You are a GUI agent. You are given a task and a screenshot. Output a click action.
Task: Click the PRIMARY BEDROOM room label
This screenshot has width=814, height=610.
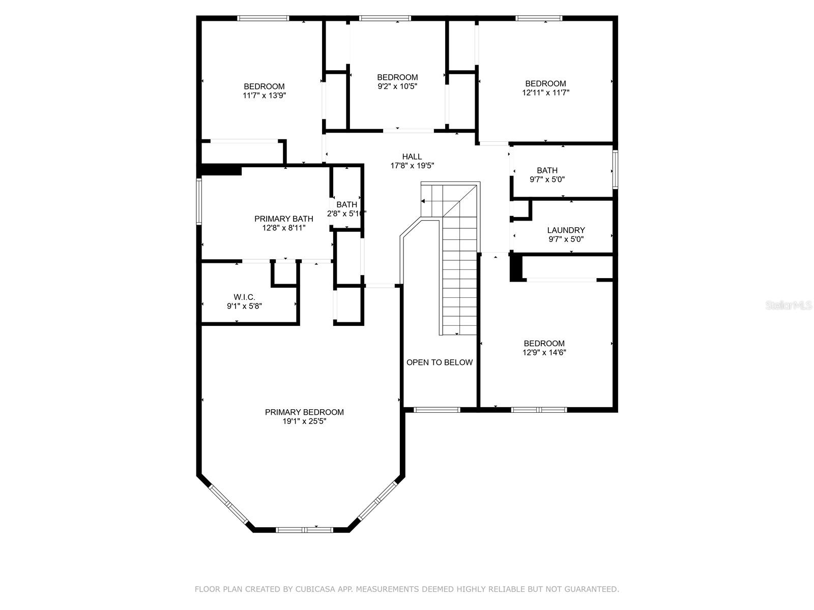[x=304, y=412]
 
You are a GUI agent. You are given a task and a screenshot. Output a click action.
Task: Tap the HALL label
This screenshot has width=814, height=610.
[x=412, y=157]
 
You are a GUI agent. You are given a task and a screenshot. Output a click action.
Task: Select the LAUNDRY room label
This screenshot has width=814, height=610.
[x=566, y=230]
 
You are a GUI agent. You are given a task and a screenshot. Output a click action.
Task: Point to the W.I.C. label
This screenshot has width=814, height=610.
[x=244, y=297]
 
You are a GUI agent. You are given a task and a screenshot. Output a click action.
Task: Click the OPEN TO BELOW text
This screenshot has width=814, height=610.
[x=440, y=362]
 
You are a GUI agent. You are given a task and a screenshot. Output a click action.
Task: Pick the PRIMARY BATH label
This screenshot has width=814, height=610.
[x=284, y=219]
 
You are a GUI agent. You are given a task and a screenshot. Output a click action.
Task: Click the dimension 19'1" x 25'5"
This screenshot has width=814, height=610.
[x=304, y=421]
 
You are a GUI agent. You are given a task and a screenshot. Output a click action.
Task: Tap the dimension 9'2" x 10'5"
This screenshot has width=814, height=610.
[x=397, y=86]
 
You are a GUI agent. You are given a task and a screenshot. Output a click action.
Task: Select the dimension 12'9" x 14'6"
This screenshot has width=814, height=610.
[x=544, y=353]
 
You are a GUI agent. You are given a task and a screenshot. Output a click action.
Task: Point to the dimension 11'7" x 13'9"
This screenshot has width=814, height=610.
[x=265, y=96]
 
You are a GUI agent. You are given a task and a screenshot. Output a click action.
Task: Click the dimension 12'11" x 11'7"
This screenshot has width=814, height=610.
[x=545, y=93]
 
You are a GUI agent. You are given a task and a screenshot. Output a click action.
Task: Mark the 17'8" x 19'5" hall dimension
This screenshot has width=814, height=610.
[x=412, y=166]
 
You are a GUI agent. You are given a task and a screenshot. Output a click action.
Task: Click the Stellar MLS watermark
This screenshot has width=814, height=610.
[x=789, y=305]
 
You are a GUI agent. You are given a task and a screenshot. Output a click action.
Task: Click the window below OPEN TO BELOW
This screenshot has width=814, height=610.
[x=437, y=410]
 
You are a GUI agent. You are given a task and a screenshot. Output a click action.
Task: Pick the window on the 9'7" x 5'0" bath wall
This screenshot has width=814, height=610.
[x=615, y=169]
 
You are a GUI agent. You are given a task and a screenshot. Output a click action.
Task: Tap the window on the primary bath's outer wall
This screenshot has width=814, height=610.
[x=199, y=201]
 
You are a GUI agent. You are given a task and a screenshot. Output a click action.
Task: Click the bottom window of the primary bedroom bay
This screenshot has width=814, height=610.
[x=304, y=530]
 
